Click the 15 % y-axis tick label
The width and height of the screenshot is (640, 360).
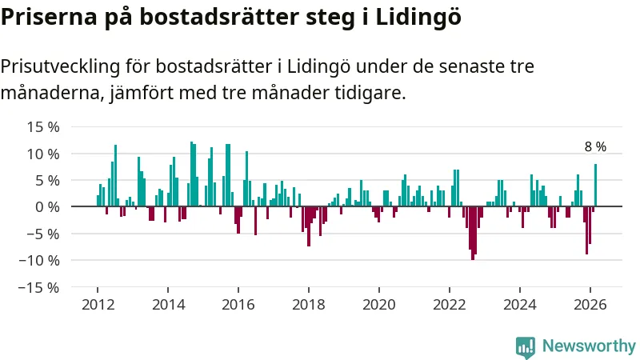43,127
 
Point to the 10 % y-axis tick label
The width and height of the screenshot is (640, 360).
43,154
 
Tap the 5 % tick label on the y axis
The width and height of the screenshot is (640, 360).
47,180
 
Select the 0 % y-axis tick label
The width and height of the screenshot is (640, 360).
47,207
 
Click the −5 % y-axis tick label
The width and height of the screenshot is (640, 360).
43,234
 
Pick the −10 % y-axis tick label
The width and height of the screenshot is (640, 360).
39,260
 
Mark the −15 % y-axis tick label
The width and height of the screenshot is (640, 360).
39,287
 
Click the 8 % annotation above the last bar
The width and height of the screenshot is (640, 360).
595,147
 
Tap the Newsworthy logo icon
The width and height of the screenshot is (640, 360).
526,346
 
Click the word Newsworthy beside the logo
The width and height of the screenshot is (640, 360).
589,346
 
